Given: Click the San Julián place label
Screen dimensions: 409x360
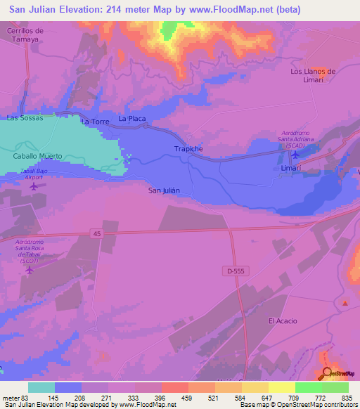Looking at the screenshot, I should coord(165,190).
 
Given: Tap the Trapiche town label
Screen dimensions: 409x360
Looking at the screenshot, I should coord(188,149).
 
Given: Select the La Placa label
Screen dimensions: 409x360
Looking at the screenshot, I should coord(132,119).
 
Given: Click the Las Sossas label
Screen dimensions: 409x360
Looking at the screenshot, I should coord(25,118).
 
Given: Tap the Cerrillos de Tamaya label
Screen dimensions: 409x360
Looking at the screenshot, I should coord(25,35).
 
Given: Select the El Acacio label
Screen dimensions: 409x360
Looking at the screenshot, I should coord(283,321).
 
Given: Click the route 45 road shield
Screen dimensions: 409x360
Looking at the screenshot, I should coord(96,233).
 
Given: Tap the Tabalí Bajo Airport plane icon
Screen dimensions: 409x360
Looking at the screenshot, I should coord(34,186).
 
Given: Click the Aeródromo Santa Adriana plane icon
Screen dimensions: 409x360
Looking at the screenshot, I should coord(295,155).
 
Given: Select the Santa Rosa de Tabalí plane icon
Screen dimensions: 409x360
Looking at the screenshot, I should coord(30,269).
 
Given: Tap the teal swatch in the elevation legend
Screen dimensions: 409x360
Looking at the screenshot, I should coord(41,387).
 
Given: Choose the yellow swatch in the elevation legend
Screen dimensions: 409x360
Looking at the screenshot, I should coord(282,387).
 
